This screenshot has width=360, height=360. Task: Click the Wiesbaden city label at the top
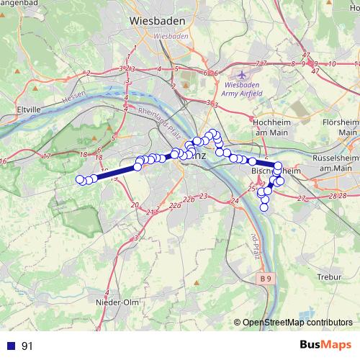(x=158, y=21)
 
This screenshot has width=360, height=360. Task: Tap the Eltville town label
(x=16, y=109)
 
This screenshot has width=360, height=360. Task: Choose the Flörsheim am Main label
(x=343, y=127)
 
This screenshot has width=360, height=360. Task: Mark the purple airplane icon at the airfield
(x=240, y=74)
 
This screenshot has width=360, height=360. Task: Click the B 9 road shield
(x=266, y=278)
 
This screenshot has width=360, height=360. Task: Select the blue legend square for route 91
(x=12, y=346)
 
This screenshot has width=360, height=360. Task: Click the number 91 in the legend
(x=27, y=346)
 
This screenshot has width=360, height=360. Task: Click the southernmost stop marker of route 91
(x=264, y=207)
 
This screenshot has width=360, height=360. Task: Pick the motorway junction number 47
(x=306, y=55)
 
